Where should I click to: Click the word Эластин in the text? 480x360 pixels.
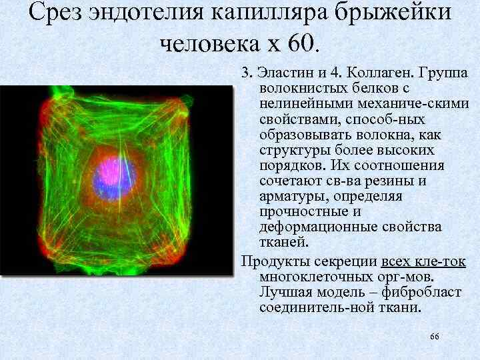pos(281,73)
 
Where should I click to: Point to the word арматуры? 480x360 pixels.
pos(291,196)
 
